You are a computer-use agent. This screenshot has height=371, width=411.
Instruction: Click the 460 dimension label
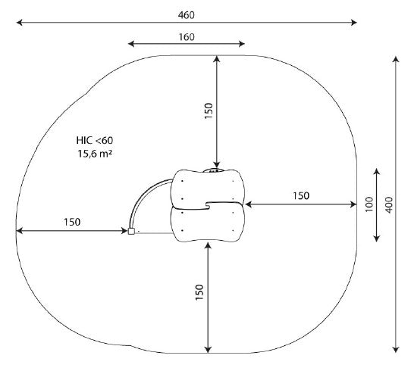pos(187,15)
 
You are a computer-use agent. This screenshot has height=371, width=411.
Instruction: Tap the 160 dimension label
pos(187,37)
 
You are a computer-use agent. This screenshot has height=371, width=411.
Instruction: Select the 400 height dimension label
pos(389,205)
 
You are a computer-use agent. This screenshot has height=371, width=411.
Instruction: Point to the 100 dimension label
pos(369,204)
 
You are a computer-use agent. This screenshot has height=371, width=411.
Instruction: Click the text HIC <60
pos(95,141)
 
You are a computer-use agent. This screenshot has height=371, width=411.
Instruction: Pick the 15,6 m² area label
pos(95,154)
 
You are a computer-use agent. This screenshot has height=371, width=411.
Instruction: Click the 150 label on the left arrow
pos(72,222)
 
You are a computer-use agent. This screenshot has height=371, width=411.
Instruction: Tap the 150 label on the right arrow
pos(301,195)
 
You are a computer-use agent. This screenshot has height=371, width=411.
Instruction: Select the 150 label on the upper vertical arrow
pos(209,111)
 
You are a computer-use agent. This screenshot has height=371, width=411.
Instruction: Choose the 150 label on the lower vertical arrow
pos(199,292)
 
